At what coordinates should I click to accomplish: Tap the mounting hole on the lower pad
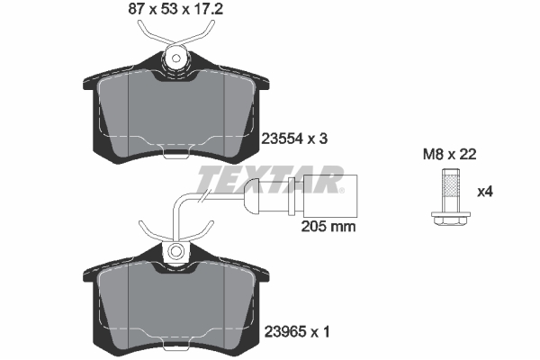tap(176, 251)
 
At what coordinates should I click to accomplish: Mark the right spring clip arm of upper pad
tap(204, 33)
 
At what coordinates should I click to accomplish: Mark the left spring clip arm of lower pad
tap(148, 227)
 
